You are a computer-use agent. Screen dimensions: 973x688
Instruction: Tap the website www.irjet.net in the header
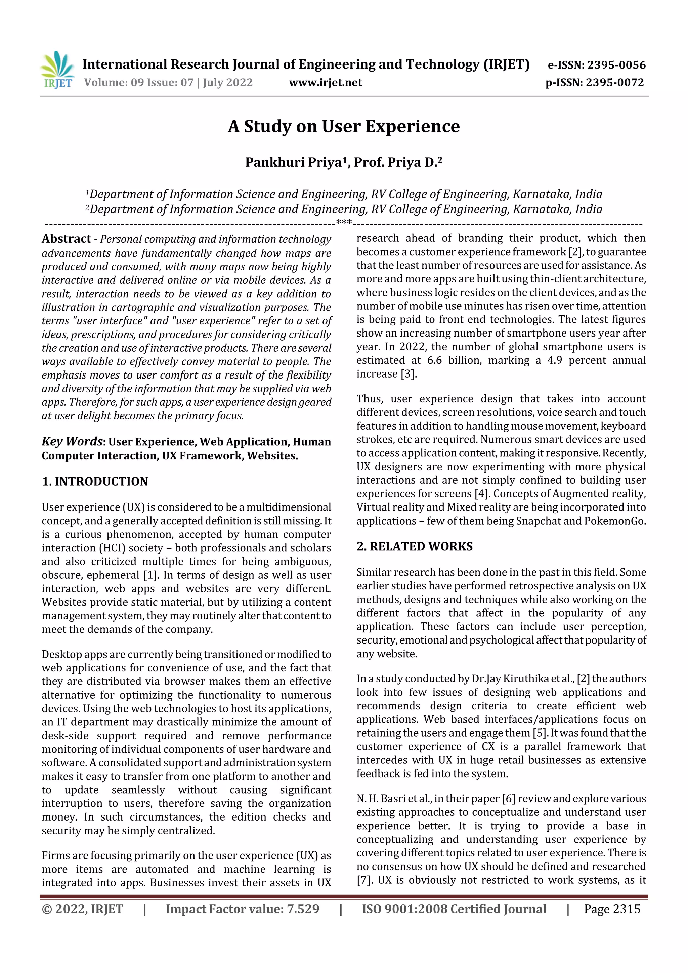[x=325, y=82]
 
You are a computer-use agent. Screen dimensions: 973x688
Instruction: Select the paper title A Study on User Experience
[x=343, y=126]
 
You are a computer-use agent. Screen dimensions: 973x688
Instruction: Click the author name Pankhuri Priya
[x=293, y=162]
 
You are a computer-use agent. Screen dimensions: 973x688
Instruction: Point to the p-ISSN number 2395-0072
[x=615, y=82]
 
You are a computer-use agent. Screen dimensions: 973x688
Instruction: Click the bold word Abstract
[x=66, y=239]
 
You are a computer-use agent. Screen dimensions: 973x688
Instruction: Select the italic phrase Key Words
[x=72, y=442]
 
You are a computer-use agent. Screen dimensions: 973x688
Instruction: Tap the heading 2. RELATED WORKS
[x=414, y=547]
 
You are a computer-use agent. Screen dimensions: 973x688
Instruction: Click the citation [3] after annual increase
[x=408, y=374]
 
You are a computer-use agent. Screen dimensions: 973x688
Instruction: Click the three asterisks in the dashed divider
[x=343, y=222]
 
